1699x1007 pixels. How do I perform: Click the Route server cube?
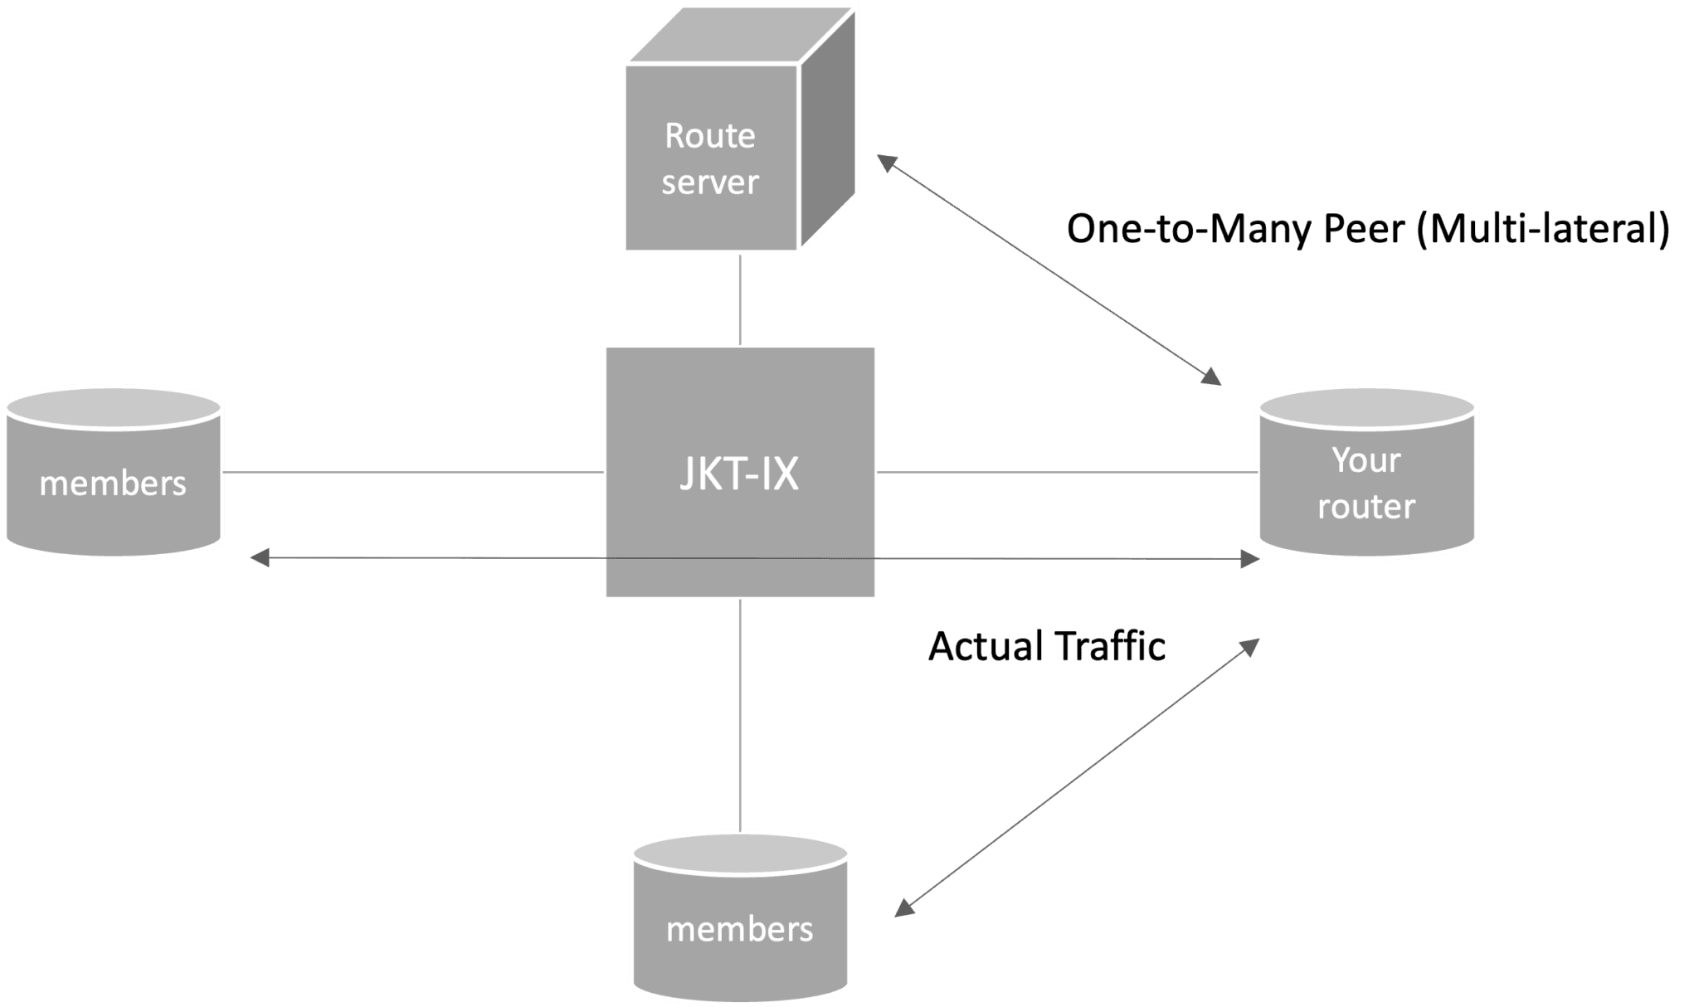710,158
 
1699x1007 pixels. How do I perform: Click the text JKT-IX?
739,474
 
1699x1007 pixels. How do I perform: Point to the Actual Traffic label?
1046,646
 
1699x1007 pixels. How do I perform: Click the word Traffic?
1110,646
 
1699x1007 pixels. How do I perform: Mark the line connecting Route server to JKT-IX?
739,299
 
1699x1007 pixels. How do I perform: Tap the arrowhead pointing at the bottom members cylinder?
904,907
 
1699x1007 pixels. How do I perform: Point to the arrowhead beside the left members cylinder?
260,558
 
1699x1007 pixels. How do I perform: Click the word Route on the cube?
710,135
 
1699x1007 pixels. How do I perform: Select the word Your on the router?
1366,460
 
